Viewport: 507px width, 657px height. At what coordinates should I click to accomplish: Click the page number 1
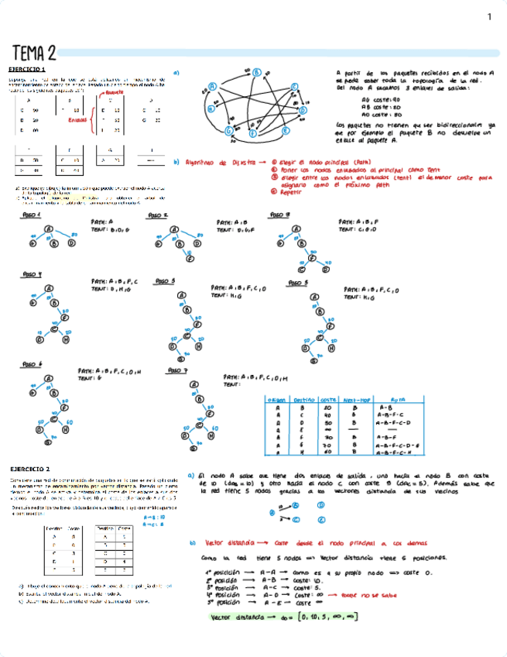tap(489, 17)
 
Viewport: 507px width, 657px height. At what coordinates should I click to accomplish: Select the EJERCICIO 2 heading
tap(32, 469)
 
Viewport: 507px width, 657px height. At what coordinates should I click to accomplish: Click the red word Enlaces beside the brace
tap(77, 120)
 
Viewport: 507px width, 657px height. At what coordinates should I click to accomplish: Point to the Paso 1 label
tap(32, 215)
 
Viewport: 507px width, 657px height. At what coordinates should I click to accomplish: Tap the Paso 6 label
tap(32, 363)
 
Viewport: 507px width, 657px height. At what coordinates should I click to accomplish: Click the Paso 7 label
tap(178, 370)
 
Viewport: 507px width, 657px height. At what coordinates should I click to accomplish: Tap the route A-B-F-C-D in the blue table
tap(393, 423)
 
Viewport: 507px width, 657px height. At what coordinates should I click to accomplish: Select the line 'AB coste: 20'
tap(380, 106)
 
